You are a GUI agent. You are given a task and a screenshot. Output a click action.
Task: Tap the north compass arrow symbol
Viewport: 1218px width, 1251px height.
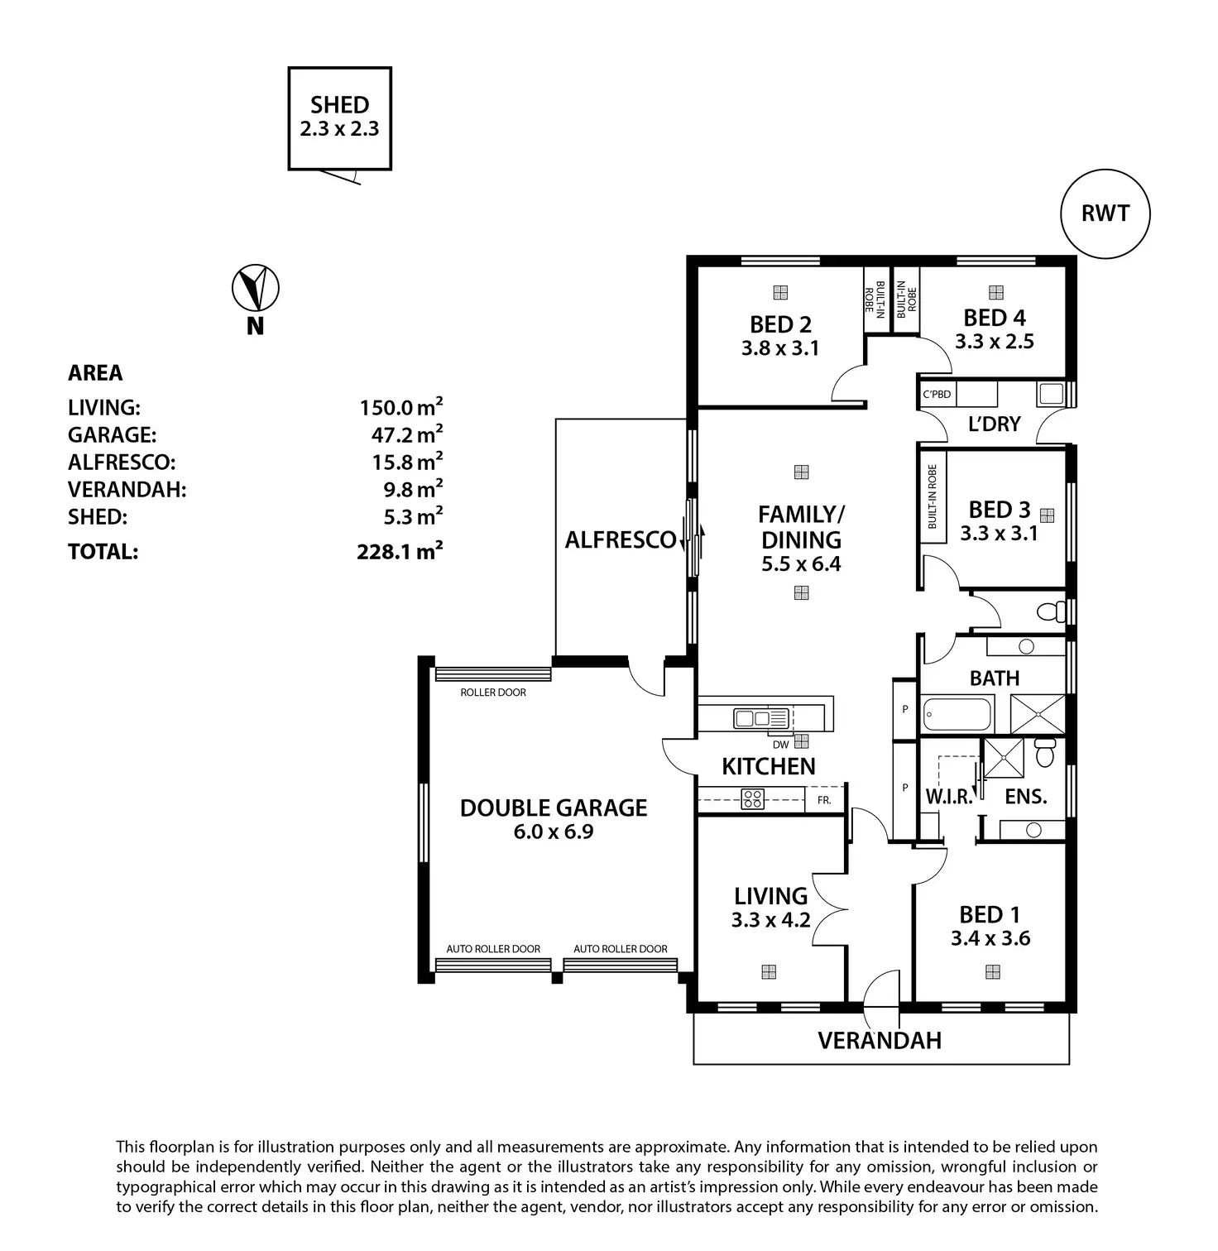(x=255, y=288)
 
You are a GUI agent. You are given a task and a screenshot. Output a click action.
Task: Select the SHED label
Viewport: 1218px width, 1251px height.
(x=339, y=105)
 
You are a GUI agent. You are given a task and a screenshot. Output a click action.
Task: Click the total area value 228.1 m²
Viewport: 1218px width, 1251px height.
(x=400, y=551)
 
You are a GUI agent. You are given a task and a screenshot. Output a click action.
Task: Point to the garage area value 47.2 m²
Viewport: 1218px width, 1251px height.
(x=406, y=434)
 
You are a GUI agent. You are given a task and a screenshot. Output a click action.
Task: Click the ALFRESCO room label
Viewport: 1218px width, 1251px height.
(x=621, y=540)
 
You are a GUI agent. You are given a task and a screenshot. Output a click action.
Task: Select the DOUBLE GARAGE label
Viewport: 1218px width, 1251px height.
(x=554, y=808)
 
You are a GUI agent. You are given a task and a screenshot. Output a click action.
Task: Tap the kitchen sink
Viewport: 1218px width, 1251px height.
(x=762, y=718)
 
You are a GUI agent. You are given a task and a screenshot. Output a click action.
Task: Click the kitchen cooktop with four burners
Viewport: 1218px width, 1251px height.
(x=753, y=798)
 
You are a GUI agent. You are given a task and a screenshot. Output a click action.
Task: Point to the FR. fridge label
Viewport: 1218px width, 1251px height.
(x=824, y=800)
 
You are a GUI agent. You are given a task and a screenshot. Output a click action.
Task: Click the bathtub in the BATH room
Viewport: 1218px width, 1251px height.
(x=957, y=713)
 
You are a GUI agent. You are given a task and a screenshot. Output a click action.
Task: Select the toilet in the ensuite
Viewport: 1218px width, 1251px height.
(x=1045, y=752)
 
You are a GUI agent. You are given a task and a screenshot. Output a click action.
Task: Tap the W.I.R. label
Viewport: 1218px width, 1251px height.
(x=949, y=797)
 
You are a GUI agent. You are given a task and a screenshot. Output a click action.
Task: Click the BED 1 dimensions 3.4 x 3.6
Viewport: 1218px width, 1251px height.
(x=990, y=938)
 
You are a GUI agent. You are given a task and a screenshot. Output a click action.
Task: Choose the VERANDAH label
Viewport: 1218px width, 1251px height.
(x=880, y=1040)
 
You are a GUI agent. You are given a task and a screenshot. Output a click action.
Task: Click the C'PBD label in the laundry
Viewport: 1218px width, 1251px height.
(x=937, y=394)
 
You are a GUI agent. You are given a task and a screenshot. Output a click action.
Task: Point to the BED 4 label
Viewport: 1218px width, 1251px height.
(x=995, y=318)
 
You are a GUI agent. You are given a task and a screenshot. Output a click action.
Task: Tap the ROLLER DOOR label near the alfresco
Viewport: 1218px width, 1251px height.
(x=493, y=693)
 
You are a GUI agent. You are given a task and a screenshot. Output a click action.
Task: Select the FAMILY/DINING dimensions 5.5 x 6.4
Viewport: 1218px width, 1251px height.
(x=801, y=564)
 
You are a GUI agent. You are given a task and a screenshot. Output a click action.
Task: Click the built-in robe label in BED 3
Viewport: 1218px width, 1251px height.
(x=933, y=496)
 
